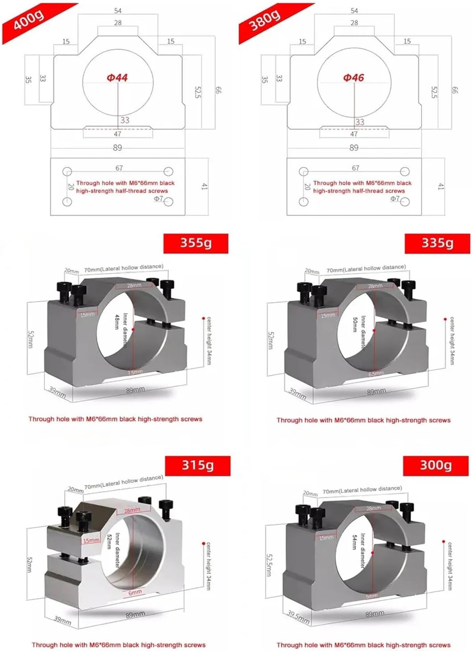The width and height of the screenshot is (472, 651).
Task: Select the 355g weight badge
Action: (195, 243)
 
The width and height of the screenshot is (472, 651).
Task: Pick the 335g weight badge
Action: (437, 243)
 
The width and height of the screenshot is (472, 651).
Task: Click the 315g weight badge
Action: (197, 465)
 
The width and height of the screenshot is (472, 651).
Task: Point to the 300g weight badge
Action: (435, 465)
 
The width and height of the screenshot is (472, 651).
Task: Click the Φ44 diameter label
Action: (117, 78)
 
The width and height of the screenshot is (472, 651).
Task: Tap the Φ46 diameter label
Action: (354, 78)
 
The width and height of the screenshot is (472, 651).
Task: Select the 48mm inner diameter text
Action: (117, 321)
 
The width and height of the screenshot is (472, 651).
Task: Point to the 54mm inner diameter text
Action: (355, 543)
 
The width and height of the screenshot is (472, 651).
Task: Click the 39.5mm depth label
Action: (298, 617)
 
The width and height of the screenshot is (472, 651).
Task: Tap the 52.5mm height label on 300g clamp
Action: (269, 565)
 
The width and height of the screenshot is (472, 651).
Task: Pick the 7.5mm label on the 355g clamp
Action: (135, 372)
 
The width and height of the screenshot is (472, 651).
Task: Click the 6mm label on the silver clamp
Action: (135, 592)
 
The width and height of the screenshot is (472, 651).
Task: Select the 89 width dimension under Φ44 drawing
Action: (117, 147)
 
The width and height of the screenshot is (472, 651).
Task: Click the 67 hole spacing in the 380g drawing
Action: (355, 168)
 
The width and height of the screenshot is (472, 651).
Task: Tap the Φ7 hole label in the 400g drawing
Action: (159, 199)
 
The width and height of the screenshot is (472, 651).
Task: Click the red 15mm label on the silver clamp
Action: (91, 540)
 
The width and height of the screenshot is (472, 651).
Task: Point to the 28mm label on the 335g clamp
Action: (375, 286)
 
